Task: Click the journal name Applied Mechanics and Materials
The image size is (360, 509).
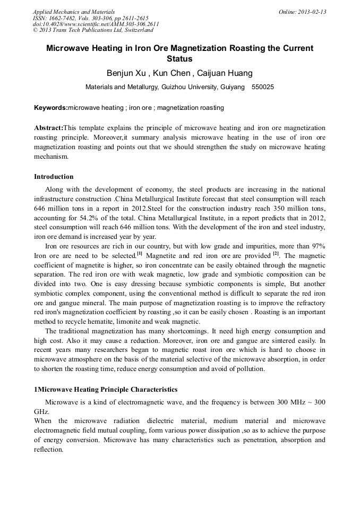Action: coord(74,12)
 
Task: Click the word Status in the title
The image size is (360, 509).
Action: coord(179,58)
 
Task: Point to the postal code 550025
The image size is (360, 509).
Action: coord(263,87)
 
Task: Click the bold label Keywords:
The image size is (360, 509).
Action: coord(51,108)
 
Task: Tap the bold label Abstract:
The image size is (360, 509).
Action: coord(48,128)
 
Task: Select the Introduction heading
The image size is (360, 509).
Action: coord(54,177)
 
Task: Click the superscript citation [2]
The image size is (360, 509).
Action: coord(276,253)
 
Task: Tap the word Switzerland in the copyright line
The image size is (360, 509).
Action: coord(135,30)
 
